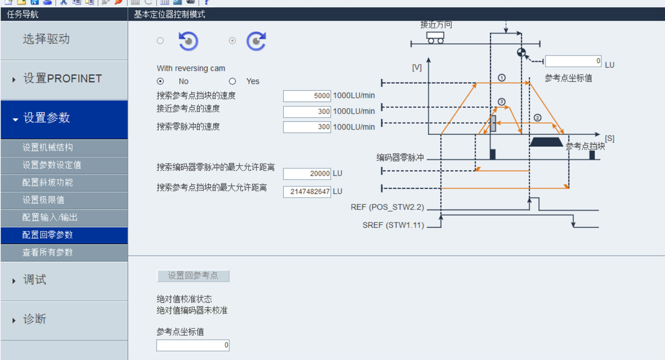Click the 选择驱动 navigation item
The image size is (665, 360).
pos(46,39)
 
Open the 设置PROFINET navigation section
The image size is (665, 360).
pos(62,79)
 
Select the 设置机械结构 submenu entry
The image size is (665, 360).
pos(47,148)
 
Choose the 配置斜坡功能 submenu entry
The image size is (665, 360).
pos(47,183)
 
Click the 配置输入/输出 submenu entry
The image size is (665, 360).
pos(50,218)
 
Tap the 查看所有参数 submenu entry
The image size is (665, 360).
pos(47,252)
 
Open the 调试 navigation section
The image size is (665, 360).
pos(34,280)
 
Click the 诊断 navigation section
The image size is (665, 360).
pos(34,319)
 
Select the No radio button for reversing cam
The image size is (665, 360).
pos(161,81)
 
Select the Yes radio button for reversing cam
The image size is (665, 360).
pos(233,81)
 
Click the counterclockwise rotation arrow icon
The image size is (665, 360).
pos(189,41)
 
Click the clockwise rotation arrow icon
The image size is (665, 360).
pos(256,41)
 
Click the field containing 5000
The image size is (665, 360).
pos(307,96)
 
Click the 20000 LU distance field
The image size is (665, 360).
pos(307,174)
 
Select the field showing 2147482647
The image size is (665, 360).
pos(307,192)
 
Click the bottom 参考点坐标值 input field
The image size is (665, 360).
pos(192,345)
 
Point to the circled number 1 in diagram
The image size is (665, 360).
pos(502,78)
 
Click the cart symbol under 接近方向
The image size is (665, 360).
pos(435,37)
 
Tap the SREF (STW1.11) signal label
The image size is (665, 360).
pos(393,225)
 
